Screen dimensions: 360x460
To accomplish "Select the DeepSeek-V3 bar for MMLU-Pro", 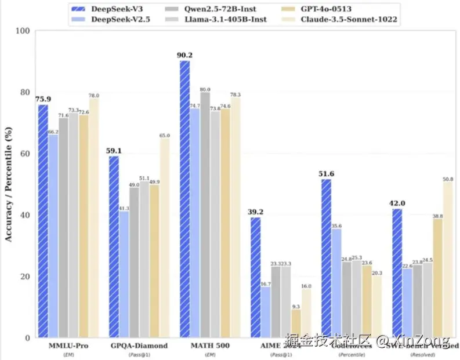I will click(x=43, y=221).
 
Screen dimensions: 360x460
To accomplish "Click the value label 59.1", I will click(x=114, y=151).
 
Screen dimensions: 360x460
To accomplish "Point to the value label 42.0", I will click(x=397, y=203).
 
